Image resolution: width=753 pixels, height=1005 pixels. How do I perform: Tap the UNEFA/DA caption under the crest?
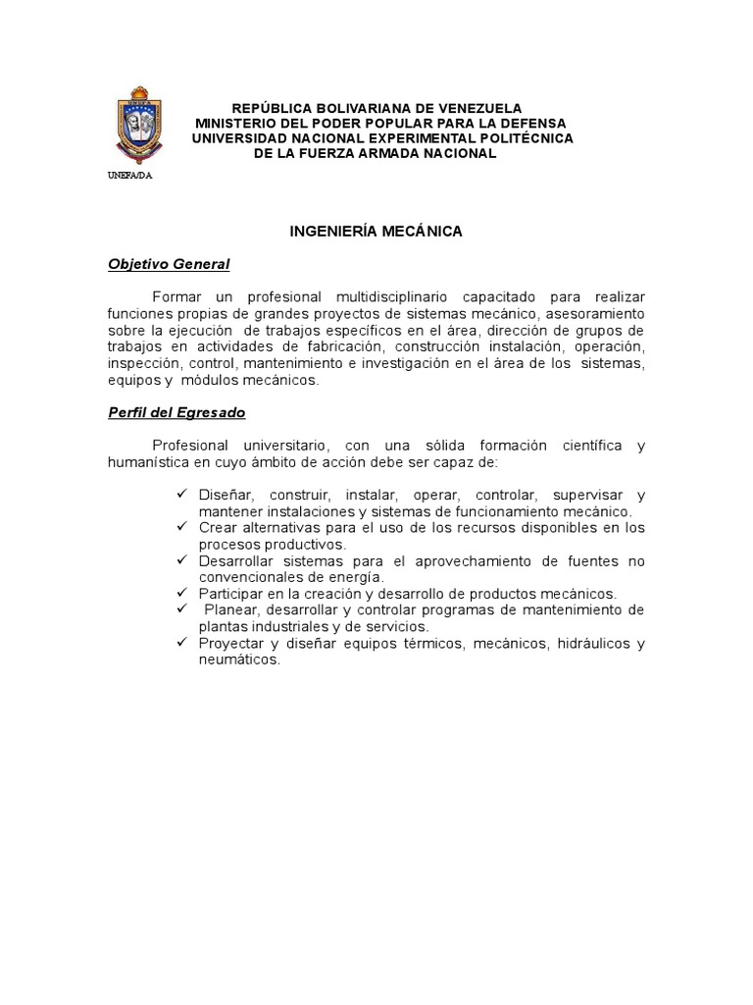(x=129, y=176)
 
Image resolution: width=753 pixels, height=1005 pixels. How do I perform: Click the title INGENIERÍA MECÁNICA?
(x=376, y=232)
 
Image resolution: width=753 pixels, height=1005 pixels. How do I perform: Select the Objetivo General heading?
(x=169, y=264)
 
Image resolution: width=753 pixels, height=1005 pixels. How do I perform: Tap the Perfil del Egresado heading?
(x=176, y=413)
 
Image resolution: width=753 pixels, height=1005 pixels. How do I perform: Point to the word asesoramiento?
(x=594, y=313)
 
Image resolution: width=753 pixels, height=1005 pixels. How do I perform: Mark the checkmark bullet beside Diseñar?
(x=182, y=494)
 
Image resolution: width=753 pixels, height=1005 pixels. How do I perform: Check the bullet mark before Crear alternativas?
(x=182, y=527)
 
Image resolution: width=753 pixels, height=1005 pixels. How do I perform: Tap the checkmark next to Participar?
(x=182, y=593)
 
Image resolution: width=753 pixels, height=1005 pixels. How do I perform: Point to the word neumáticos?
(x=239, y=661)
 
